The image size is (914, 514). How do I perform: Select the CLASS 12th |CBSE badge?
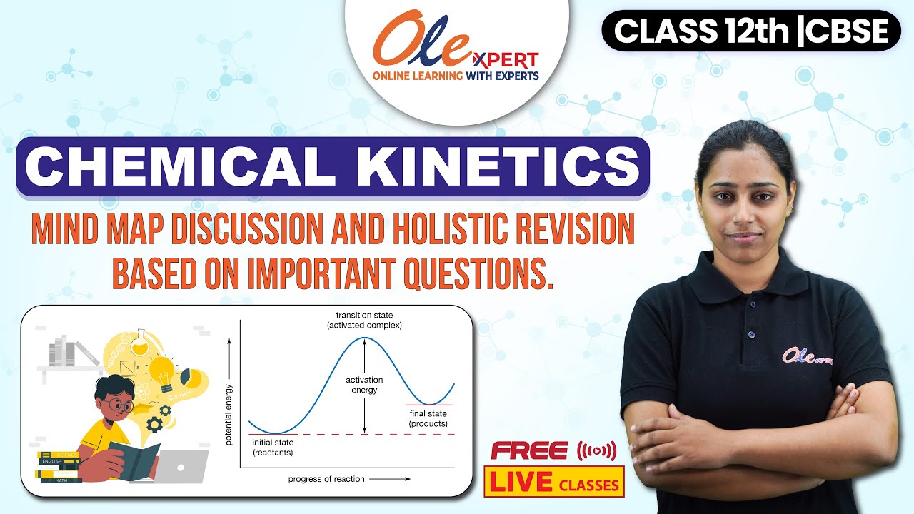pos(751,31)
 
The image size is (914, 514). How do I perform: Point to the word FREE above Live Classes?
pos(529,451)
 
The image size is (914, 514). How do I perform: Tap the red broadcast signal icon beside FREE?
pos(595,451)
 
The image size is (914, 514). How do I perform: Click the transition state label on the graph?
pos(364,320)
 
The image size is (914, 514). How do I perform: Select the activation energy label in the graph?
pos(364,385)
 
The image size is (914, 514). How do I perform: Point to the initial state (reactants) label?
pos(273,448)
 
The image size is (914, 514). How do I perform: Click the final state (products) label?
pos(428,418)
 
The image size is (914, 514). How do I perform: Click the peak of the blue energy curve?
pos(365,338)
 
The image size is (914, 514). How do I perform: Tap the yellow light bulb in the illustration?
pos(164,372)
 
